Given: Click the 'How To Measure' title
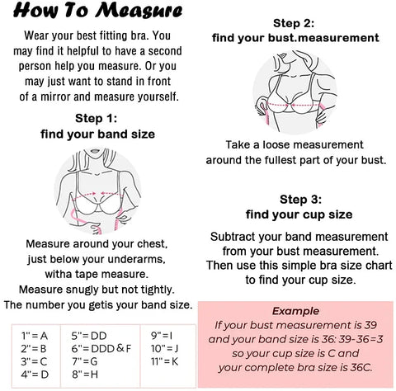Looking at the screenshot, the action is (98, 11).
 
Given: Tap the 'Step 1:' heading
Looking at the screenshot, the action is (97, 118).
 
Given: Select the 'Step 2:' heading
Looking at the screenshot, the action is (294, 23).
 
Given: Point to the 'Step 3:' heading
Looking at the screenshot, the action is (300, 200).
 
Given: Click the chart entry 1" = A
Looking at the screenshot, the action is (35, 336).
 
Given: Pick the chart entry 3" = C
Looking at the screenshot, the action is (35, 361).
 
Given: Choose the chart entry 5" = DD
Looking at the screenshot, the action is (89, 336).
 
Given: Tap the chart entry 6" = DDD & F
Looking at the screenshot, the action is (101, 348).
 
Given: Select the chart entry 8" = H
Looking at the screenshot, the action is (85, 375).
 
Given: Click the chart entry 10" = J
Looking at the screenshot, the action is (164, 348).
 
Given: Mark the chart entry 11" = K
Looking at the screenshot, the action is (164, 361).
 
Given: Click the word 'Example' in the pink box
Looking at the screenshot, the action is (295, 311).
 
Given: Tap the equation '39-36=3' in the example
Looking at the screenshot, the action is (361, 339).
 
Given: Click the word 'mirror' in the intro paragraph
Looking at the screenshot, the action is (55, 97).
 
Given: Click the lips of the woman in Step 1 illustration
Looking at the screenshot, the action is (95, 151).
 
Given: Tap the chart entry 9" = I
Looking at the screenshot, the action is (162, 336).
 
